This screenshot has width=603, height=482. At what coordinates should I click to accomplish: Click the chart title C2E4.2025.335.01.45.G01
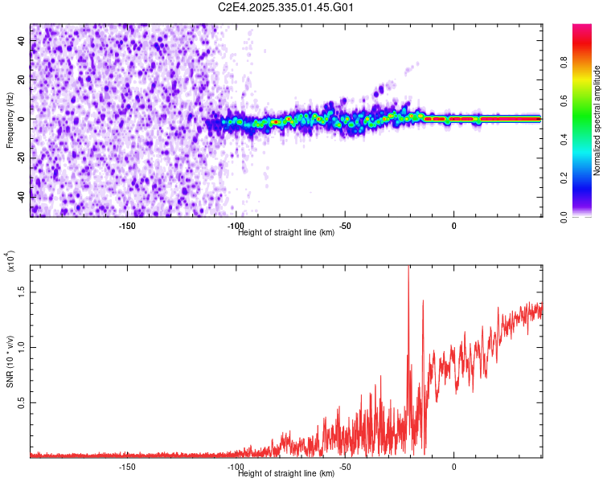286,7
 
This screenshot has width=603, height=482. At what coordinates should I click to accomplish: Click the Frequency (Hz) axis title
10,120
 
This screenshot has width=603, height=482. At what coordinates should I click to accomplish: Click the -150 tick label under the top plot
127,226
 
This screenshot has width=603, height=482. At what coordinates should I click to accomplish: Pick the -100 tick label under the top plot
236,226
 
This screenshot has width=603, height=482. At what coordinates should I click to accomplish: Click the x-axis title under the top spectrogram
286,233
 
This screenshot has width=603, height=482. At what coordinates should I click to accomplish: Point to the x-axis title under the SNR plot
286,474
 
